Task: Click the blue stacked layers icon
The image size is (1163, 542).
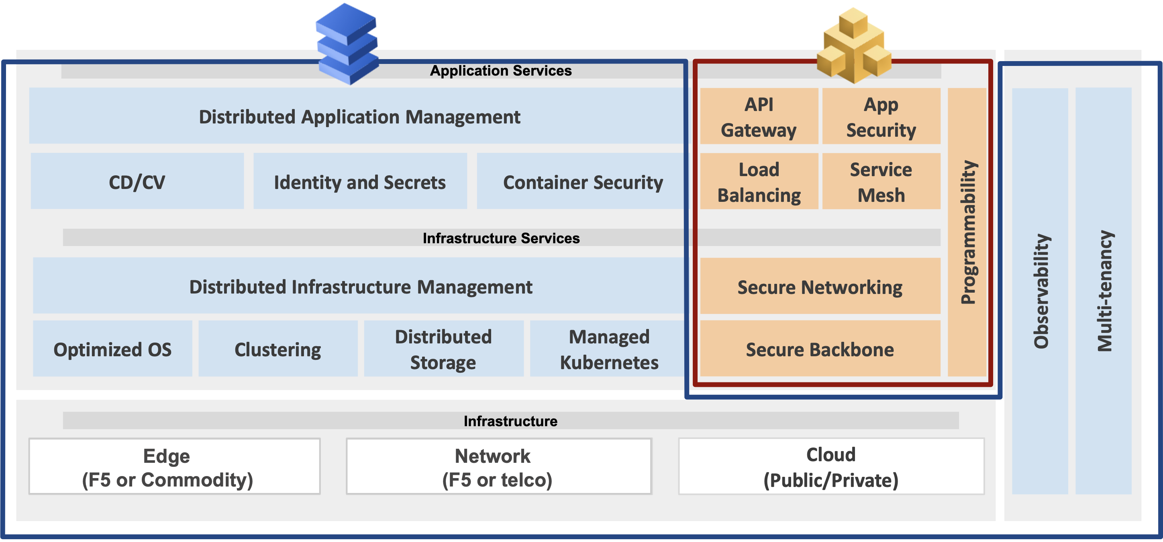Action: coord(347,44)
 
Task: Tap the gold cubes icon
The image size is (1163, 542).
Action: coord(854,46)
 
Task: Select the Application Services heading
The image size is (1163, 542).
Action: coord(500,71)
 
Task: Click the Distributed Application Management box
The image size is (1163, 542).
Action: coord(359,117)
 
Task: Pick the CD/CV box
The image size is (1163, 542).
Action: coord(137,182)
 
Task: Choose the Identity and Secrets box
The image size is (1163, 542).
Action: coord(359,182)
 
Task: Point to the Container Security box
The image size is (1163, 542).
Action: coord(582,182)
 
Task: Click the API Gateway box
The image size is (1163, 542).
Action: coord(759,117)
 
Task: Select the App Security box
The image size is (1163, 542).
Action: coord(881,117)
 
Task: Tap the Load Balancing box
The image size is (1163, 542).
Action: coord(759,182)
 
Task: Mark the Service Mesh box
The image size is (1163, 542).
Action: coord(881,182)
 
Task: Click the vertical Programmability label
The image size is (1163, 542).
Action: coord(967,232)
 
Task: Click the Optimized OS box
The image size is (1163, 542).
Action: coord(112,349)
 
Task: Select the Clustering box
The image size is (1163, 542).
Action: coord(277,349)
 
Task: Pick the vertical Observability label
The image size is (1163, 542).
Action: coord(1040,291)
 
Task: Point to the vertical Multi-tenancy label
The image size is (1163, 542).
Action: coord(1104,291)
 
